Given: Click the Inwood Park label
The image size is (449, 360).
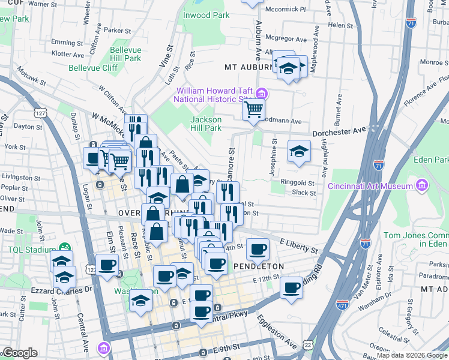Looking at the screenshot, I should (x=206, y=15).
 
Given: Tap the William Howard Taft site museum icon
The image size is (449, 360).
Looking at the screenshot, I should (x=261, y=93).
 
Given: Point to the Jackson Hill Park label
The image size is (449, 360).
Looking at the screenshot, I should (x=206, y=124).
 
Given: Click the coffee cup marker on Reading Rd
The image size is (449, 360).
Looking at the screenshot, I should (x=292, y=287).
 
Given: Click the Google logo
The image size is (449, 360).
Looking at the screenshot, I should (x=19, y=353).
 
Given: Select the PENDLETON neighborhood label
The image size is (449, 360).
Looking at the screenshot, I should (x=258, y=266).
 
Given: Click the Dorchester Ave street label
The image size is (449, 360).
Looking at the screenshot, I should (x=341, y=130).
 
